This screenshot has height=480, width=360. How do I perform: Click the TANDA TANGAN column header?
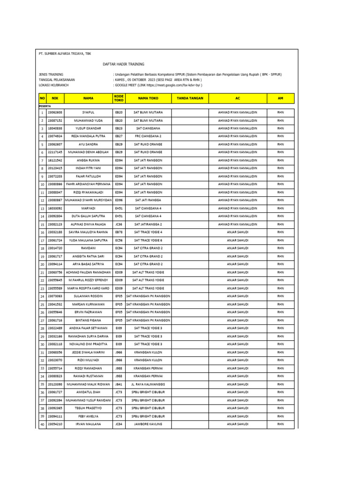[x=190, y=98]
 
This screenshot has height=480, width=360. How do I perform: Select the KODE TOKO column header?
[x=119, y=98]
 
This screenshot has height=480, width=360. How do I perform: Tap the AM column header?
[x=280, y=98]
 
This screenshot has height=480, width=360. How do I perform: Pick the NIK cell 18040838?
[x=55, y=128]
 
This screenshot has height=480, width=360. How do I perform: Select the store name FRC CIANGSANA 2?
[x=148, y=136]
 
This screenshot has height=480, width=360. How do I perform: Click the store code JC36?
[x=119, y=224]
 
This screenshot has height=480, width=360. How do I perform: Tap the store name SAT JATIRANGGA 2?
[x=148, y=224]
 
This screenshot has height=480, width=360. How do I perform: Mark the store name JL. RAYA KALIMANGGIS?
[x=148, y=384]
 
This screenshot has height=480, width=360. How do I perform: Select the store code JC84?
[x=119, y=424]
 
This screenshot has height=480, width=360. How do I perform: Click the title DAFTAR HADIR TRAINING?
[x=123, y=64]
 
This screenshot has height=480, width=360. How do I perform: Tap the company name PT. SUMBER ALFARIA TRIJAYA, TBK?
[x=65, y=53]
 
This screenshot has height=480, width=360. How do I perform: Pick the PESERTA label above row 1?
[x=45, y=106]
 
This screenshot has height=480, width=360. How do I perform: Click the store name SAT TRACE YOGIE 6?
[x=148, y=240]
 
